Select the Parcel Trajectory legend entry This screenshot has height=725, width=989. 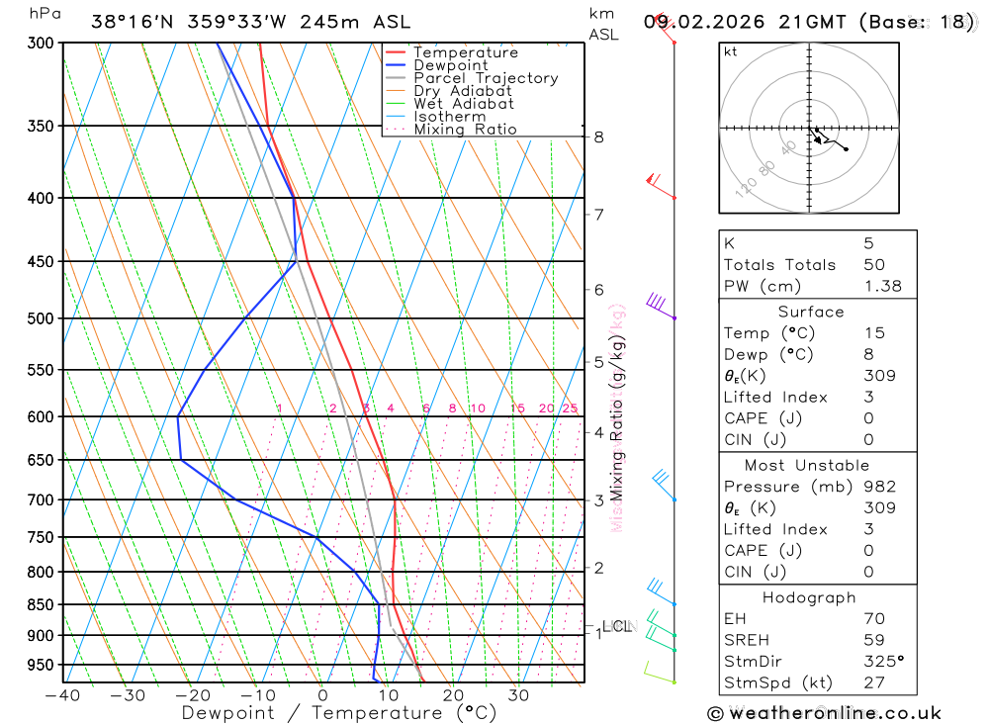(x=485, y=78)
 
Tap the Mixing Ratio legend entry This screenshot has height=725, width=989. (x=465, y=130)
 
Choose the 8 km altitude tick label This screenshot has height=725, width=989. (x=598, y=136)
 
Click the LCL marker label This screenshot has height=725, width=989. (x=616, y=626)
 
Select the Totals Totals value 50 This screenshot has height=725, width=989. (x=873, y=265)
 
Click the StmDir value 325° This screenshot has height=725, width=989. (x=883, y=662)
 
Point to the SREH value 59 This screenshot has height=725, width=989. (x=873, y=640)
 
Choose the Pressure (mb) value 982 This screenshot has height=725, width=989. (x=879, y=487)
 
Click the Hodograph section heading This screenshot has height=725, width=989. (x=809, y=598)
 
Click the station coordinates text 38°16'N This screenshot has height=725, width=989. (x=128, y=22)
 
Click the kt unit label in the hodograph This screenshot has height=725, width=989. (x=730, y=51)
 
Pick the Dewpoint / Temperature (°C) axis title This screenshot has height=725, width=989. (x=339, y=712)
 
